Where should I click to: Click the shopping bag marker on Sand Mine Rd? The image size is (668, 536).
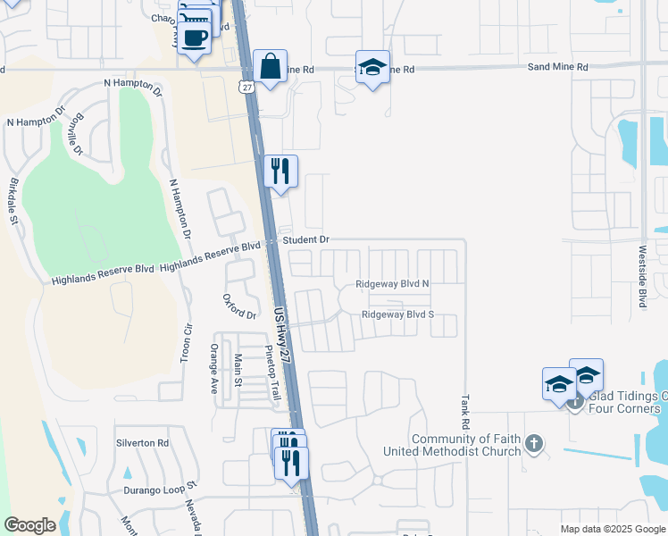(x=269, y=67)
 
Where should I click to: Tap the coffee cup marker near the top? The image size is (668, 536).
(x=194, y=38)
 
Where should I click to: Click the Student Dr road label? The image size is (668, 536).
(x=306, y=240)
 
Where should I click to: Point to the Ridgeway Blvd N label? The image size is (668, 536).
(x=393, y=284)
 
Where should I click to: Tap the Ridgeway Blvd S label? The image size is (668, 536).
(x=397, y=314)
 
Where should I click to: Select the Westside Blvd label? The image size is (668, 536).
(x=642, y=277)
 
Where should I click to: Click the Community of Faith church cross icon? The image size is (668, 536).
(x=534, y=443)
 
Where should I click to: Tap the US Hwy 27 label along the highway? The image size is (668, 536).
(x=283, y=334)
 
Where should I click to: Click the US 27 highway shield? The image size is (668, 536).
(x=247, y=86)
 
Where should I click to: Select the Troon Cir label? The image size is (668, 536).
(x=188, y=341)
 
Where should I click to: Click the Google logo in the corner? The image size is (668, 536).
(x=29, y=525)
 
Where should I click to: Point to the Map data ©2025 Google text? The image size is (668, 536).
(x=612, y=529)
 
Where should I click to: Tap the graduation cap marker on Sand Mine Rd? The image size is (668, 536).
(x=372, y=68)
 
